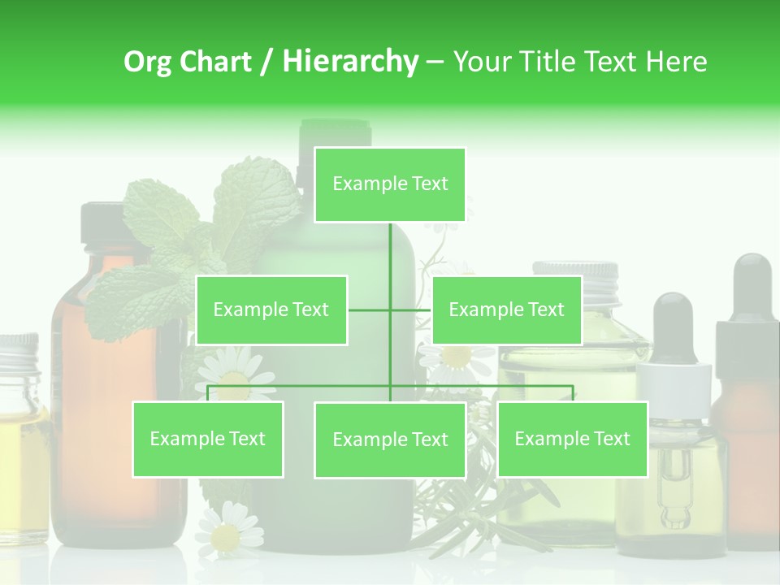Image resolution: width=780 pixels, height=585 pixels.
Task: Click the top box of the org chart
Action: coord(390,184)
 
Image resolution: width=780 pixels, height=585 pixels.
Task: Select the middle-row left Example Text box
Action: coord(271,310)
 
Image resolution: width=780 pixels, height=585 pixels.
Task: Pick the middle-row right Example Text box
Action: coord(506,310)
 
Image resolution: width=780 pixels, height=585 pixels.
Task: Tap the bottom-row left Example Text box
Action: coord(207,439)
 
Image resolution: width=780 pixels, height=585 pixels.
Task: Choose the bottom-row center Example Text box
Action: coord(390,440)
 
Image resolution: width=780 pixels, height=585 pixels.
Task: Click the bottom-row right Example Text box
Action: coord(572,439)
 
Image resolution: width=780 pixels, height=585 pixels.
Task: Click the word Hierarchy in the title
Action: coord(350,62)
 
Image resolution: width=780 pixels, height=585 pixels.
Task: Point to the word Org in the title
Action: coord(149,62)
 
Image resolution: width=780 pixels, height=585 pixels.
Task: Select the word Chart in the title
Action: coord(213,62)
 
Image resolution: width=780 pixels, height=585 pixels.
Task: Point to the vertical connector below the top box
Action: coord(390,260)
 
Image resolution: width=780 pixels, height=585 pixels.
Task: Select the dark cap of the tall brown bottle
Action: coord(102,224)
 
